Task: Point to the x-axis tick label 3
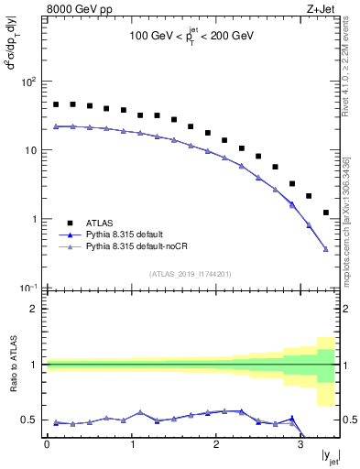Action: tap(300, 444)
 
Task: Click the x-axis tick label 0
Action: tap(47, 444)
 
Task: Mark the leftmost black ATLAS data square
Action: tap(56, 104)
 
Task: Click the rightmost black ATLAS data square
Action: tap(326, 213)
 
